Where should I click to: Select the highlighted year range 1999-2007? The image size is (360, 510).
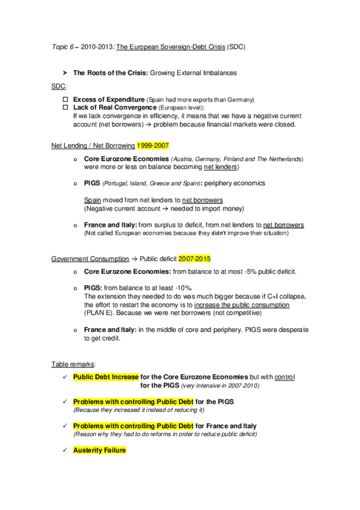click(154, 145)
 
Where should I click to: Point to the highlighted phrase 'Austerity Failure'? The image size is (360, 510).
click(99, 449)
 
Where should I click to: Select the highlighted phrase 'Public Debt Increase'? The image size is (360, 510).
click(105, 377)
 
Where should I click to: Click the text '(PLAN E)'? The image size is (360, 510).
click(99, 313)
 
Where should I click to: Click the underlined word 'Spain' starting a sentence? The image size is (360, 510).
click(92, 200)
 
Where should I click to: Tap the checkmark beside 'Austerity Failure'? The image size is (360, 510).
click(64, 449)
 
